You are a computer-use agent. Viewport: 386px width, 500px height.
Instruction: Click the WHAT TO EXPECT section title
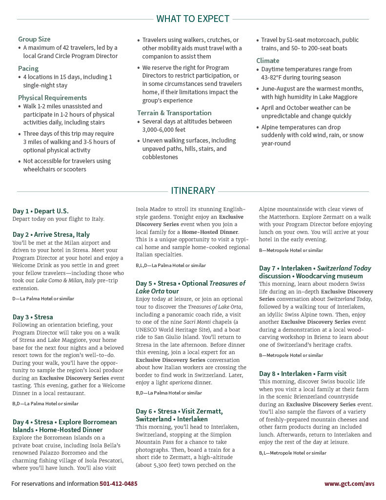point(193,19)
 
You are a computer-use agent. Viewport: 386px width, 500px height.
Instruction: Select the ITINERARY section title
point(193,190)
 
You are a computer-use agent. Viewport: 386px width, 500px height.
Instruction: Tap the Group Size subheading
point(34,39)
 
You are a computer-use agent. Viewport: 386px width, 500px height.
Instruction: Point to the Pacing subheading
point(28,68)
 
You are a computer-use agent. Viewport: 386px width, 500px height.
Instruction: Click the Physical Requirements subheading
point(52,98)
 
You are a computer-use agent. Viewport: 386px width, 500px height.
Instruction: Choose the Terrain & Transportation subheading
point(174,113)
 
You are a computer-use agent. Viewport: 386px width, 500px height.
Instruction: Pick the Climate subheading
point(268,61)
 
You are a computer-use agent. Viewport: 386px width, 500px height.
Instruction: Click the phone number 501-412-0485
point(119,484)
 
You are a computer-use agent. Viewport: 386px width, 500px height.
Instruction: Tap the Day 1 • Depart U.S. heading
point(41,211)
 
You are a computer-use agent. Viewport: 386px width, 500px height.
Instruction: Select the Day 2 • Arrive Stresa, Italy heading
point(51,234)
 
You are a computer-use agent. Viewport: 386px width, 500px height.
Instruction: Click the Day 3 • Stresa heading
point(33,317)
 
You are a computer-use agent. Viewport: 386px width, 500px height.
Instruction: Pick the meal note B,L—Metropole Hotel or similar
point(292,453)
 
